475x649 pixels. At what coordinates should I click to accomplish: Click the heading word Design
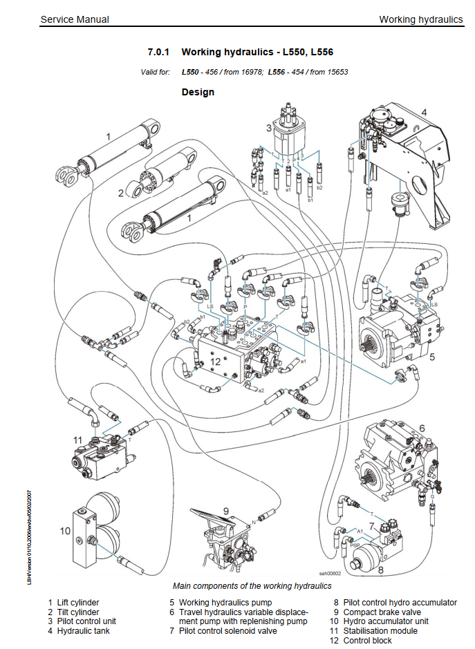click(x=198, y=92)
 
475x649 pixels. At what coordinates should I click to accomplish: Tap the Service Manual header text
click(x=75, y=19)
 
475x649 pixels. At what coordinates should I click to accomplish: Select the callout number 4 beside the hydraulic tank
click(x=424, y=113)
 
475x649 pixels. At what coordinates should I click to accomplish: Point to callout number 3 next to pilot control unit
click(x=269, y=128)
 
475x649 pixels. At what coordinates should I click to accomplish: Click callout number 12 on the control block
click(x=215, y=361)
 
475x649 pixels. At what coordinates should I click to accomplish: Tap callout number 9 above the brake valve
click(x=225, y=511)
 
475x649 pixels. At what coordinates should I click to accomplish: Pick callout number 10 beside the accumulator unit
click(x=65, y=531)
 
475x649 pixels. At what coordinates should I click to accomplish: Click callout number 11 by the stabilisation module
click(x=77, y=439)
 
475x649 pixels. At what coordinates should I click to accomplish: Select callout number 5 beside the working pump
click(x=431, y=357)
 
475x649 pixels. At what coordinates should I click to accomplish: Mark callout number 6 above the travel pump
click(x=422, y=429)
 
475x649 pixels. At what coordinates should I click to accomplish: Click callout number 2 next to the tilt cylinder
click(x=120, y=193)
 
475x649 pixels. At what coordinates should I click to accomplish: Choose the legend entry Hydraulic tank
click(x=83, y=630)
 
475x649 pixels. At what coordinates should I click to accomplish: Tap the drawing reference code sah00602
click(x=331, y=574)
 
